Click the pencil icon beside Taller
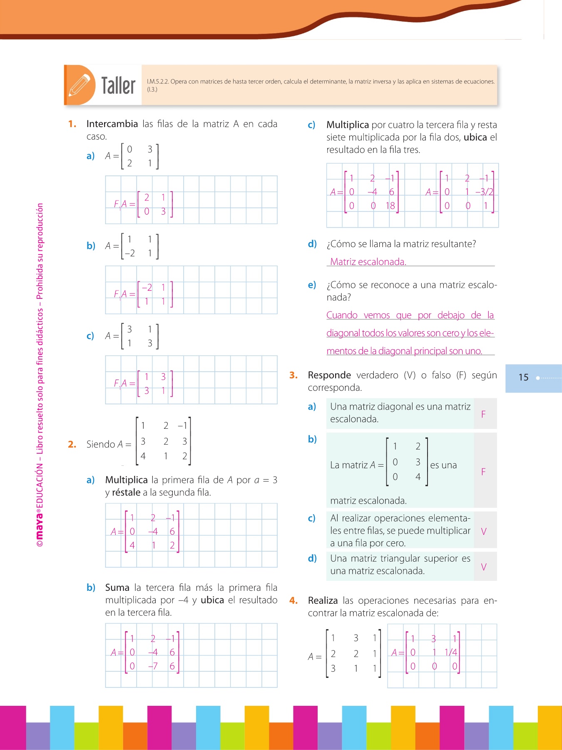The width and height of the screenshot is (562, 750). [x=80, y=85]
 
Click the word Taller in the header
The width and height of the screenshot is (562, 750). [x=118, y=85]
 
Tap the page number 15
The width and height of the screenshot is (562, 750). [x=523, y=377]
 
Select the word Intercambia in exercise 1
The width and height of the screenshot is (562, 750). [x=112, y=124]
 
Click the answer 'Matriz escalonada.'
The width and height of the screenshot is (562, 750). [x=368, y=262]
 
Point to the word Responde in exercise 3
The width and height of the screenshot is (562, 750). [x=329, y=375]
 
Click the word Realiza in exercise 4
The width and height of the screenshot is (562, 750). [x=323, y=600]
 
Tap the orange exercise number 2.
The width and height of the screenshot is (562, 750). [x=72, y=444]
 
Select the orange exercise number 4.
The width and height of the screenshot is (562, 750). [x=293, y=600]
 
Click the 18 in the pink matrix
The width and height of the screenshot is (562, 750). [x=390, y=205]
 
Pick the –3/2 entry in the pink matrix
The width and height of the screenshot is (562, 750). [x=484, y=192]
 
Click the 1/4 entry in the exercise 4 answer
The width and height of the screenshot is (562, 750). [x=451, y=652]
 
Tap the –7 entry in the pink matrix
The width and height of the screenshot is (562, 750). [x=153, y=666]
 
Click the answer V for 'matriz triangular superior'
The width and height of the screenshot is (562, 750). [x=484, y=567]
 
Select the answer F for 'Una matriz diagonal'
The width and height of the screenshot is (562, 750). [x=483, y=414]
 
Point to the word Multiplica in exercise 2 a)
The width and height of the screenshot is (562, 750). [x=126, y=480]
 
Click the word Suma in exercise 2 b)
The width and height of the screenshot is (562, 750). [x=117, y=587]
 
